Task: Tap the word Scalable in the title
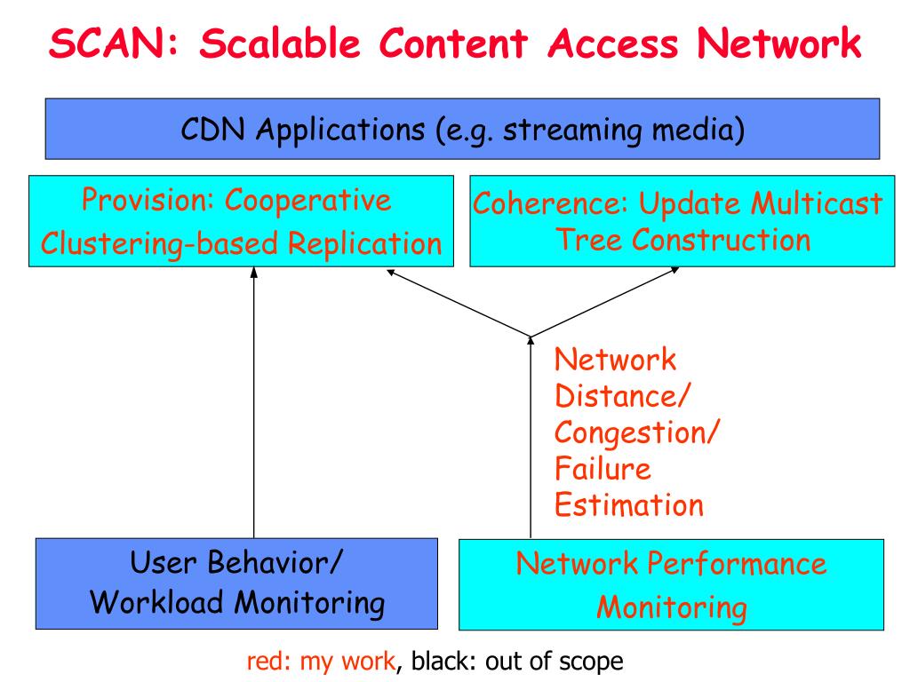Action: pos(280,44)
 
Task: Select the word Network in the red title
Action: pos(778,44)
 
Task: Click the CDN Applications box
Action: pos(462,129)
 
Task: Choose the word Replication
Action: pos(365,243)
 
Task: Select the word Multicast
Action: pos(817,203)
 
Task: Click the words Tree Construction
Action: pos(683,240)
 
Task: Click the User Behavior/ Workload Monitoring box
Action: pos(236,583)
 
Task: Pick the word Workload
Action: pos(156,602)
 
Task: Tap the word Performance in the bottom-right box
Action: pos(737,564)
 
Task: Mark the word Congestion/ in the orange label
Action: pos(636,433)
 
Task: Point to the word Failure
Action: pos(603,469)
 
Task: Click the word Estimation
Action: pos(629,505)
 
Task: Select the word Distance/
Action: pos(622,397)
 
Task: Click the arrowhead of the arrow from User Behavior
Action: pos(253,272)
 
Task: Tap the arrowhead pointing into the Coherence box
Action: pos(675,270)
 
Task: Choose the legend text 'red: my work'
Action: pos(321,661)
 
